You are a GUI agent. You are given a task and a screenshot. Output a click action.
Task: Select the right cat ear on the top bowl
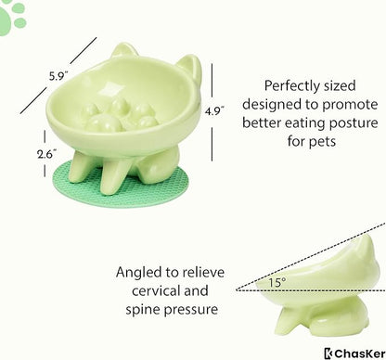(187, 68)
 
